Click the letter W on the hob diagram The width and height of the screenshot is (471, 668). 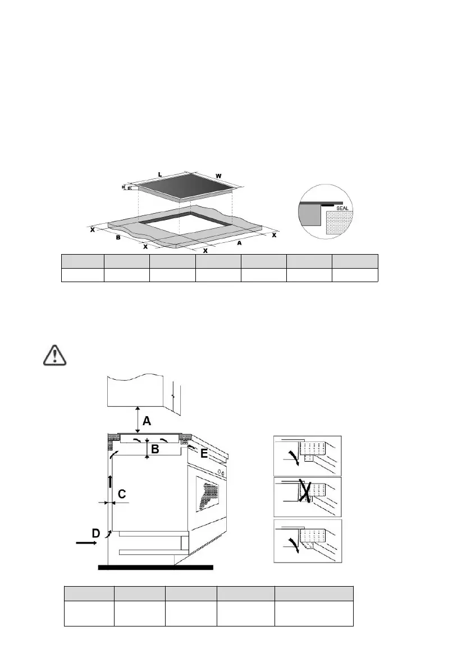point(218,176)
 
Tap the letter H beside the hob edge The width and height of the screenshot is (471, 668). point(124,187)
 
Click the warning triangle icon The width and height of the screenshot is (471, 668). point(54,354)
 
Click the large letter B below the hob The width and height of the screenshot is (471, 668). point(156,449)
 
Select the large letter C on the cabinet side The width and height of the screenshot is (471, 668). point(121,494)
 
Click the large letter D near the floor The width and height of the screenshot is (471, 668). point(96,534)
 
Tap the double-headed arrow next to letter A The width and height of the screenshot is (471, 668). point(137,418)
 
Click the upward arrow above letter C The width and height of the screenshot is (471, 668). point(110,480)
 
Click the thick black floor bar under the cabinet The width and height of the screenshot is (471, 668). point(156,567)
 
